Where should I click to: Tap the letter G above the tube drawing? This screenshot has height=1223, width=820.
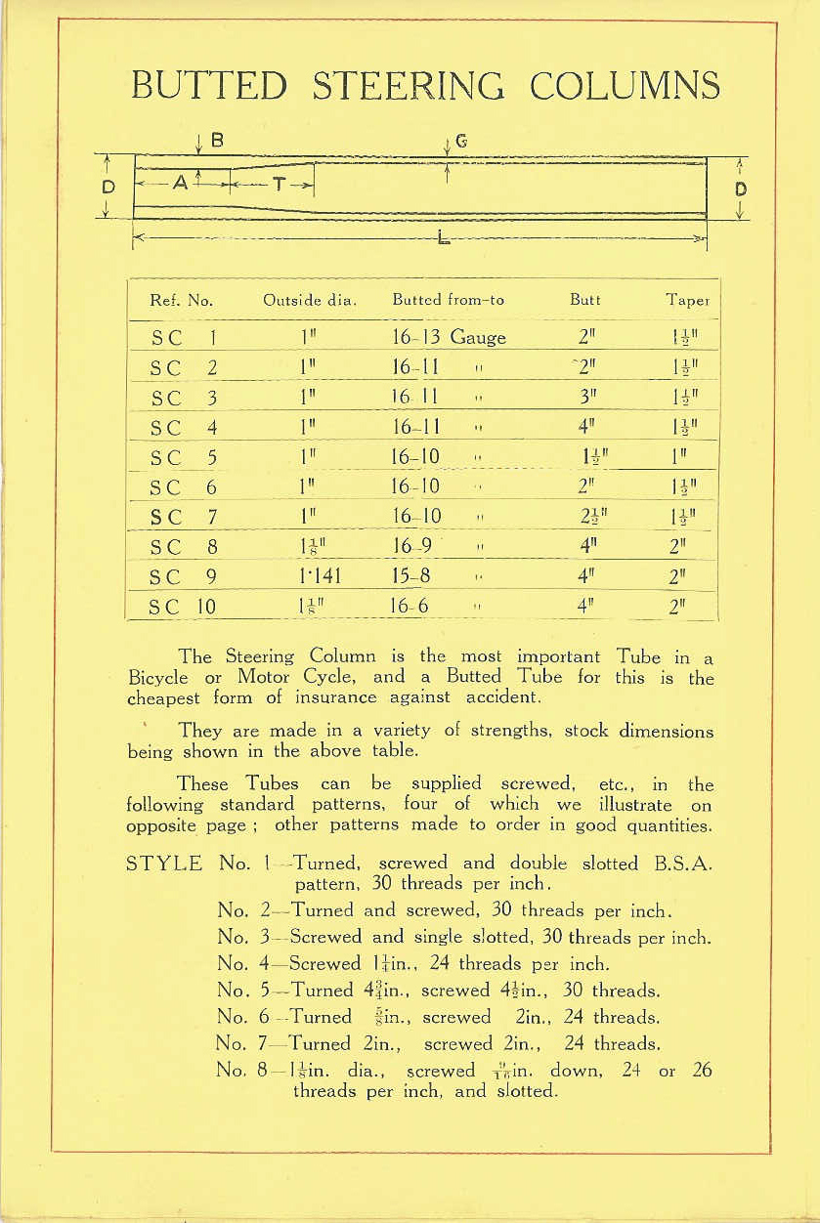460,141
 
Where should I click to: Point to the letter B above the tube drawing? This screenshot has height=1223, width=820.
217,141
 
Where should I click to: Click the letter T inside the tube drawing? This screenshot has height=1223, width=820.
278,184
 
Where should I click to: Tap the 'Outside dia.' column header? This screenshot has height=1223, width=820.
309,300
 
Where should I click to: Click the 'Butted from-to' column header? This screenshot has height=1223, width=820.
448,300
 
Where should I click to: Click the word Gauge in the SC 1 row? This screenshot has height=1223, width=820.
478,338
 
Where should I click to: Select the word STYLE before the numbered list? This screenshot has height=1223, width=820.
165,864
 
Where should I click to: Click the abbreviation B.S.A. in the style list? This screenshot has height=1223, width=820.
676,864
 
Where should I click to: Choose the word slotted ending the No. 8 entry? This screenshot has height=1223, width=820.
522,1091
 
